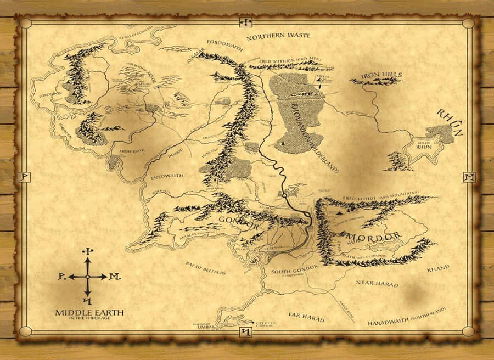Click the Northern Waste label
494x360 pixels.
tap(278, 36)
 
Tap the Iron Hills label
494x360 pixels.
tap(381, 75)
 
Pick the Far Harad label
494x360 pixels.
tap(306, 317)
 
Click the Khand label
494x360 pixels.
tap(437, 267)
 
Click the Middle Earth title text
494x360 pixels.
tap(89, 312)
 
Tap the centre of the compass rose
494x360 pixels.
tap(87, 277)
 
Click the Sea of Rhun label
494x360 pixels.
tap(424, 144)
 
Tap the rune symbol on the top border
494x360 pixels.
tap(246, 22)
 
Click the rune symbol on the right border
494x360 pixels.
tap(469, 177)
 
